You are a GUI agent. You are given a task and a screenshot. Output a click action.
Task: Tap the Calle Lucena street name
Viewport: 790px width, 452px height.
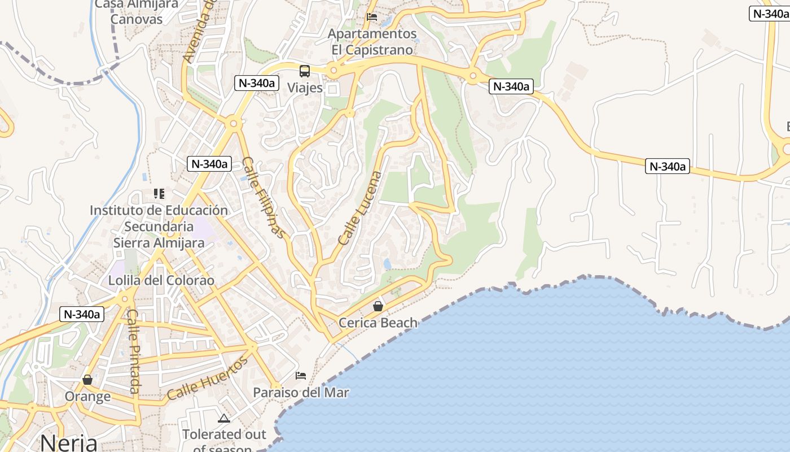click(360, 208)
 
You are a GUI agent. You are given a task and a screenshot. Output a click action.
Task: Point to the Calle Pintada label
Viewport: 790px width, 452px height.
click(133, 351)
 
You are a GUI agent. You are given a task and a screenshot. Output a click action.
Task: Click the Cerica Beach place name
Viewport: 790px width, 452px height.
click(378, 323)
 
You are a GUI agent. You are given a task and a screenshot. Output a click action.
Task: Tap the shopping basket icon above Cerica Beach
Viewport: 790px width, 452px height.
click(378, 306)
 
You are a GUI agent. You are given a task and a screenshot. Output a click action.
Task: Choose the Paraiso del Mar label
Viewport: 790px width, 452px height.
click(301, 392)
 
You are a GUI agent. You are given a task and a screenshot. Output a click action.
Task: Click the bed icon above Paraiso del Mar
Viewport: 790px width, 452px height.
click(301, 376)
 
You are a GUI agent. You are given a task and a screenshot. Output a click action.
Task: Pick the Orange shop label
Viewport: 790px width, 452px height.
click(87, 396)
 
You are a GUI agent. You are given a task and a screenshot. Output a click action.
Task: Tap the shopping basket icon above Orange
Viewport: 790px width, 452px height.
click(87, 380)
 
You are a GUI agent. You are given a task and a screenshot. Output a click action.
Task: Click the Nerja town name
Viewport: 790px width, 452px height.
click(68, 442)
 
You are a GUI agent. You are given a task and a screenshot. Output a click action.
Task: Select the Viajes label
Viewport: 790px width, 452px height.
click(305, 88)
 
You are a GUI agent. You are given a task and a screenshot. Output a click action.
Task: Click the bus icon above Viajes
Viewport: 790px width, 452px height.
click(305, 71)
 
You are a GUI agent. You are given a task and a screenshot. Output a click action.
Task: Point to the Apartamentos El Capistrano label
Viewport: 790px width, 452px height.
click(372, 42)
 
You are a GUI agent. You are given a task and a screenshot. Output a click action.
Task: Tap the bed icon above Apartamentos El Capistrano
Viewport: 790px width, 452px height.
click(372, 17)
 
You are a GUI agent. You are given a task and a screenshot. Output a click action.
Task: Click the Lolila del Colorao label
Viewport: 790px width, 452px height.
click(161, 280)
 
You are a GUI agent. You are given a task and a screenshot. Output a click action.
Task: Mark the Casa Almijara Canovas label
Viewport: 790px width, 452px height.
click(137, 11)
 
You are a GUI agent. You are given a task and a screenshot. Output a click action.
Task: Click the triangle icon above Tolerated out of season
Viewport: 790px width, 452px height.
click(224, 419)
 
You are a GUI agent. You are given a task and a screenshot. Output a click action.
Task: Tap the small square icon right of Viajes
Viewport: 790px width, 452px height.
click(333, 89)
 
